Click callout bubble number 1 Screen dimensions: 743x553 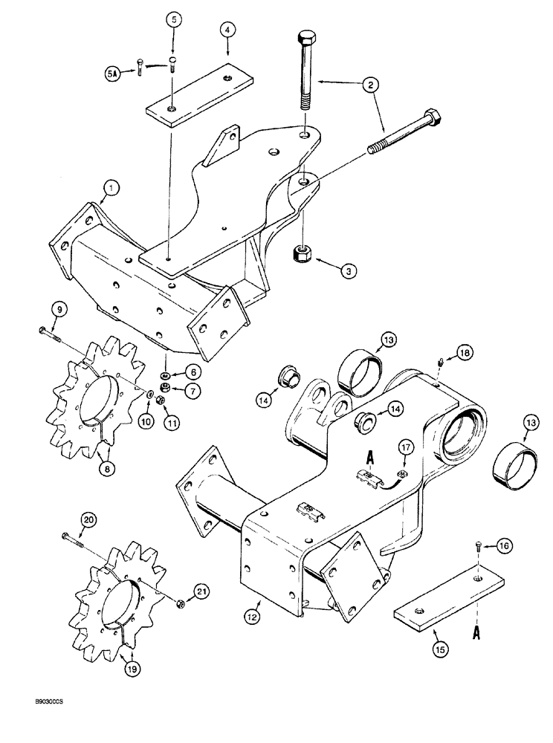coord(109,189)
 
